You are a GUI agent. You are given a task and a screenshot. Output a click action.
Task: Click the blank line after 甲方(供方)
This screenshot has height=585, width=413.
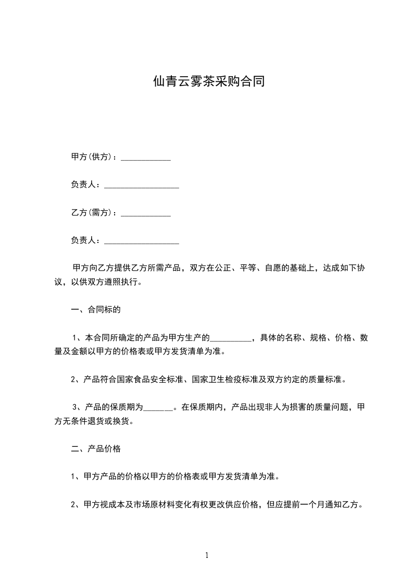pyautogui.click(x=146, y=158)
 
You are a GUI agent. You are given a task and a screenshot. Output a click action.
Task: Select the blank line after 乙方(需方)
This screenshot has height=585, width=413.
pyautogui.click(x=146, y=213)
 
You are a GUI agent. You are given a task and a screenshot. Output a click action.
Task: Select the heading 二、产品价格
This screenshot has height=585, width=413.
pyautogui.click(x=96, y=448)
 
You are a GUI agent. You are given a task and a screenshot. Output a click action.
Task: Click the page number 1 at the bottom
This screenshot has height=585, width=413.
pyautogui.click(x=207, y=555)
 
